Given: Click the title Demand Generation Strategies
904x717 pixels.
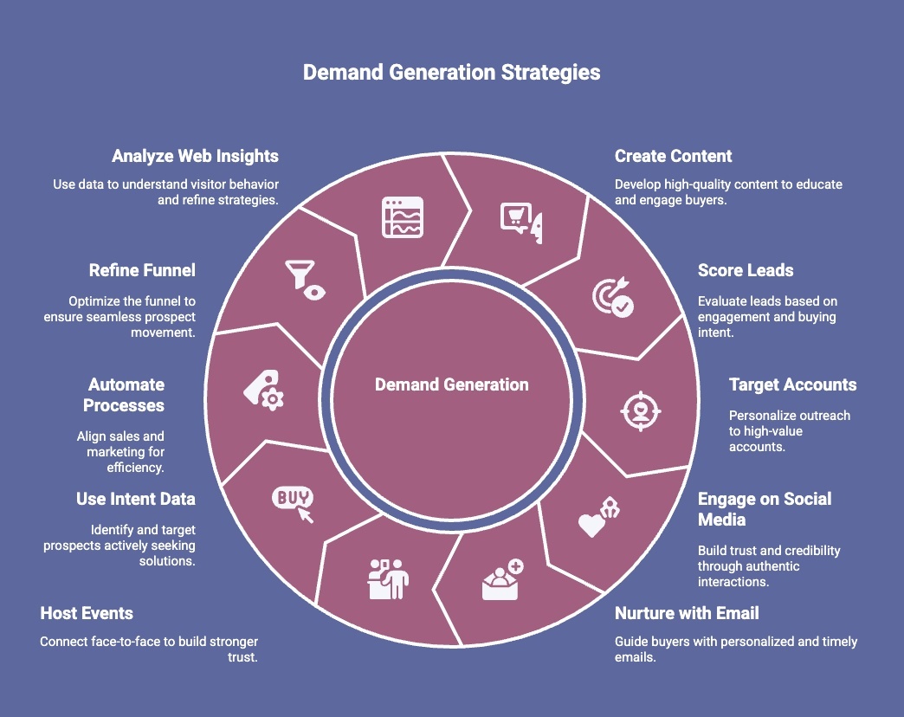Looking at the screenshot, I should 451,73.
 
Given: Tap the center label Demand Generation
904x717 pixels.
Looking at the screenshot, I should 451,384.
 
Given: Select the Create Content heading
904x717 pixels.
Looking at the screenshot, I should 673,157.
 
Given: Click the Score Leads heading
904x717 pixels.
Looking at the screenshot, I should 745,271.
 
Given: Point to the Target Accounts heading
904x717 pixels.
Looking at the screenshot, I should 791,384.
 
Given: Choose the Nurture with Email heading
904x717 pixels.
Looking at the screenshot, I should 686,614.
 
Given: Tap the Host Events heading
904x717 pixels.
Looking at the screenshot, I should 87,614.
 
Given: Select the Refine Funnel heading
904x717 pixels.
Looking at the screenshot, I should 142,271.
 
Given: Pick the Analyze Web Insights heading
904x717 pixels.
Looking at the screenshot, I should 195,157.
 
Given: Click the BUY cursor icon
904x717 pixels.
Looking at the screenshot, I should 294,503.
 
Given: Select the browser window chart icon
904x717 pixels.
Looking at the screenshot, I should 403,217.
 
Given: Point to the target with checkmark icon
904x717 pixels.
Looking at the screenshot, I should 612,297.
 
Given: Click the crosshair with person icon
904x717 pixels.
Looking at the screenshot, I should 640,410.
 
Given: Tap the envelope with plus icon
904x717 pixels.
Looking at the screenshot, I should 501,581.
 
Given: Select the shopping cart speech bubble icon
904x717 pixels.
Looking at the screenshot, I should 520,219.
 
